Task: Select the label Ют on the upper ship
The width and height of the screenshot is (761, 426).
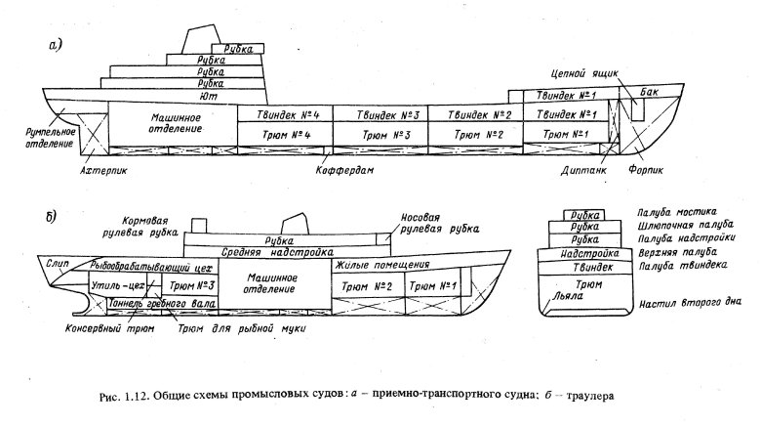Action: pos(206,97)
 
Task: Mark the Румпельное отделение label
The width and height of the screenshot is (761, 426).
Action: pos(38,136)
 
